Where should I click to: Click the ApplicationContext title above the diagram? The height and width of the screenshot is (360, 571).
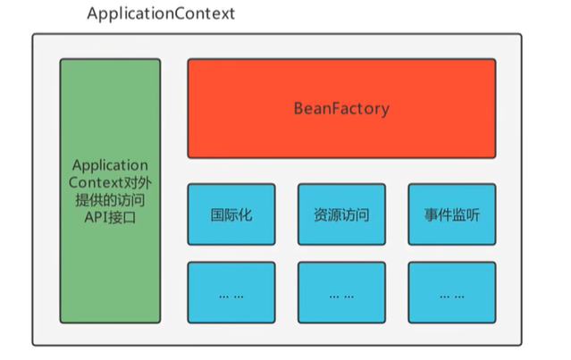(162, 15)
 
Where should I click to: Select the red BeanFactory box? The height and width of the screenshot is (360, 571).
(341, 108)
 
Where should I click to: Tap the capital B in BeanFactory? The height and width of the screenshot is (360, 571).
(298, 109)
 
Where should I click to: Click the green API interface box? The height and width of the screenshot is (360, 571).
(110, 191)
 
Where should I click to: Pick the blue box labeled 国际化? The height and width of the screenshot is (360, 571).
(231, 214)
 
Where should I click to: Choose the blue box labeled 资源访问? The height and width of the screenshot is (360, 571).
(341, 214)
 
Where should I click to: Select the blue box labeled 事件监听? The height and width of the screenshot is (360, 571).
(451, 214)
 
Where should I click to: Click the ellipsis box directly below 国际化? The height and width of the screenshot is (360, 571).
(231, 292)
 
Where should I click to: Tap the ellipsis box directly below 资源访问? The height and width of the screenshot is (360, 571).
(341, 292)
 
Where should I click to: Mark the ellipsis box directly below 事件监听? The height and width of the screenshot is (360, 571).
(451, 292)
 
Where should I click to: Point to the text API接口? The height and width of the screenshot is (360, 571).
(110, 217)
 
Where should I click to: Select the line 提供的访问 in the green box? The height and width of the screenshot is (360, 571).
(110, 200)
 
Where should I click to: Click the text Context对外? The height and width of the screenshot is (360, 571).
(110, 183)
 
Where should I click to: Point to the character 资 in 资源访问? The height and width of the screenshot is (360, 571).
(321, 214)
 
